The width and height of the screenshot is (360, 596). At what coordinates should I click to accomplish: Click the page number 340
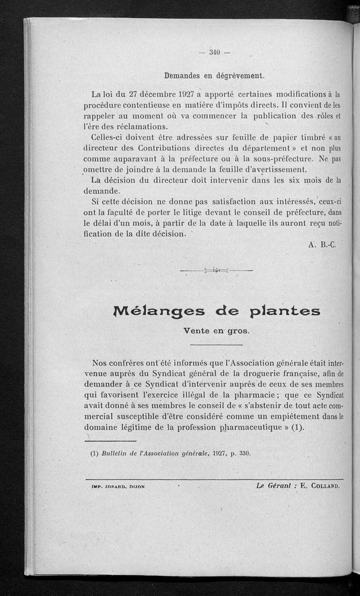point(214,52)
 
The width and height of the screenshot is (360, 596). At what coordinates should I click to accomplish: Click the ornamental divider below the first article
point(216,270)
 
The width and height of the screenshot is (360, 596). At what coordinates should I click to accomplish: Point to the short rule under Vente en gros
point(216,345)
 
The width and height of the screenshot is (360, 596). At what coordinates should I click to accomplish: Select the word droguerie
point(247,373)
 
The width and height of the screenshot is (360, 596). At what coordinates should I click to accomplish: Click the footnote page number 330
point(243,453)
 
